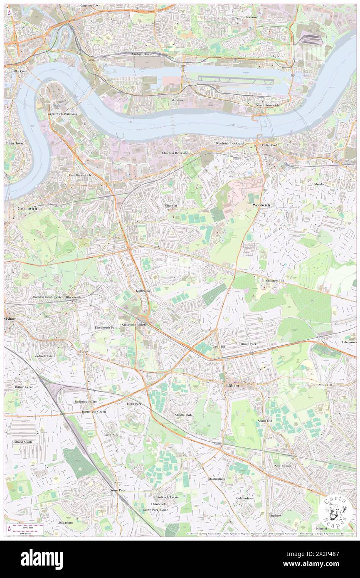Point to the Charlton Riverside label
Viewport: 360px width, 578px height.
tap(175, 153)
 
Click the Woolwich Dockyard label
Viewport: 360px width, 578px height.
tap(229, 143)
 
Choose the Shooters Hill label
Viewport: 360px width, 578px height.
tap(275, 281)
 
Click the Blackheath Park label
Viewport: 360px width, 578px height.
tap(106, 328)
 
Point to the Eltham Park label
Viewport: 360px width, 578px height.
tap(248, 344)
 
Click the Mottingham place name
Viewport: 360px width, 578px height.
tap(217, 479)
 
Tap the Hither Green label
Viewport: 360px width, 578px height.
tap(25, 387)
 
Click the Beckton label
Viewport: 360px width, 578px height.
tap(251, 17)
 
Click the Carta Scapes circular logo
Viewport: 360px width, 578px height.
tap(335, 511)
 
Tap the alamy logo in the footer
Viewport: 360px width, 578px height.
tap(42, 559)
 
